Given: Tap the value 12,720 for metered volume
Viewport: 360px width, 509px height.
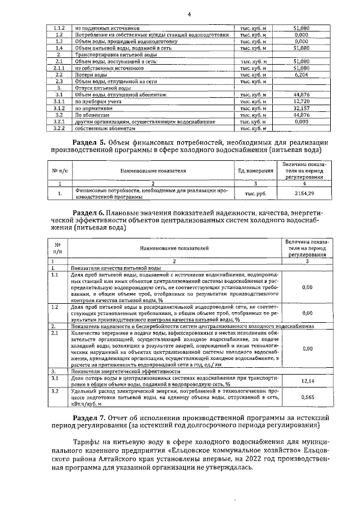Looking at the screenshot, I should coord(301,101).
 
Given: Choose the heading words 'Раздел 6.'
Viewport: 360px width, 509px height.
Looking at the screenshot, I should coord(91,214).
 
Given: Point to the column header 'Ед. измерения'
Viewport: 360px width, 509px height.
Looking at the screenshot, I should coord(253,170).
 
